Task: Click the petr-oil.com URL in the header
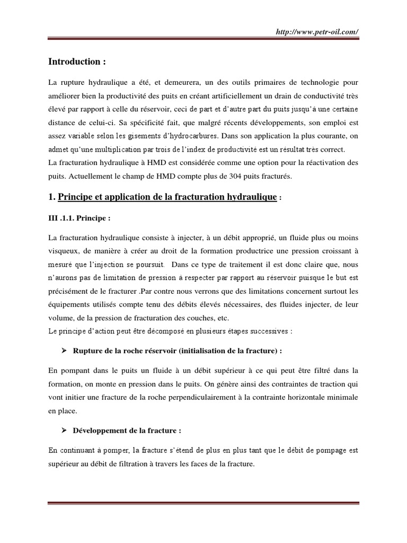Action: tap(317, 32)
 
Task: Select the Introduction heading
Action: tap(77, 62)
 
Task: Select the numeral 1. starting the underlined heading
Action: tap(51, 197)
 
